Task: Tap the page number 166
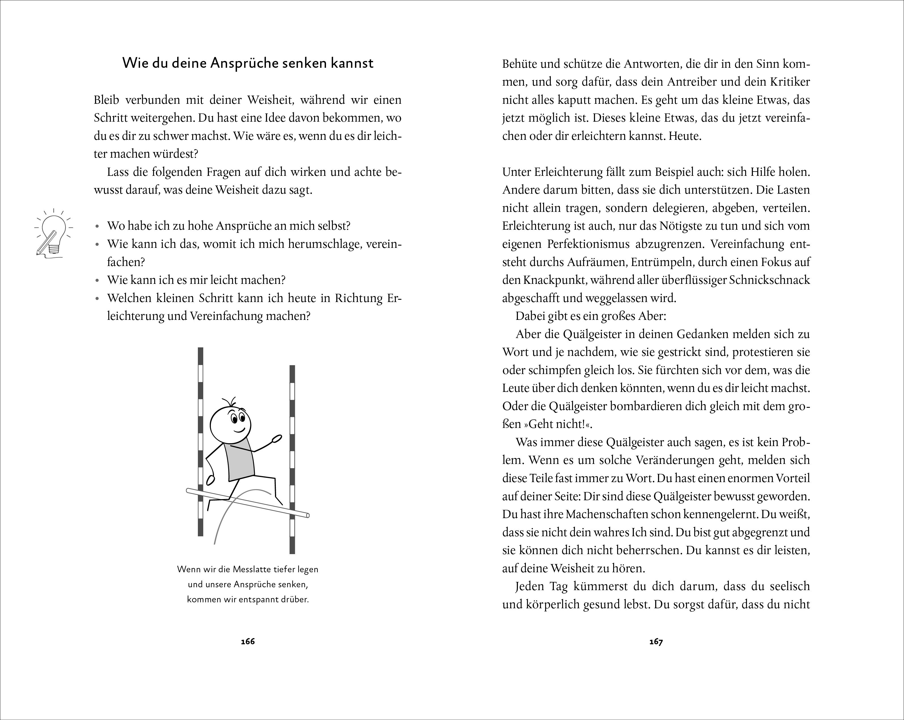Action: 248,641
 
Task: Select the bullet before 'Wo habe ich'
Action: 97,227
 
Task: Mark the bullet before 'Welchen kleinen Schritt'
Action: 97,299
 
